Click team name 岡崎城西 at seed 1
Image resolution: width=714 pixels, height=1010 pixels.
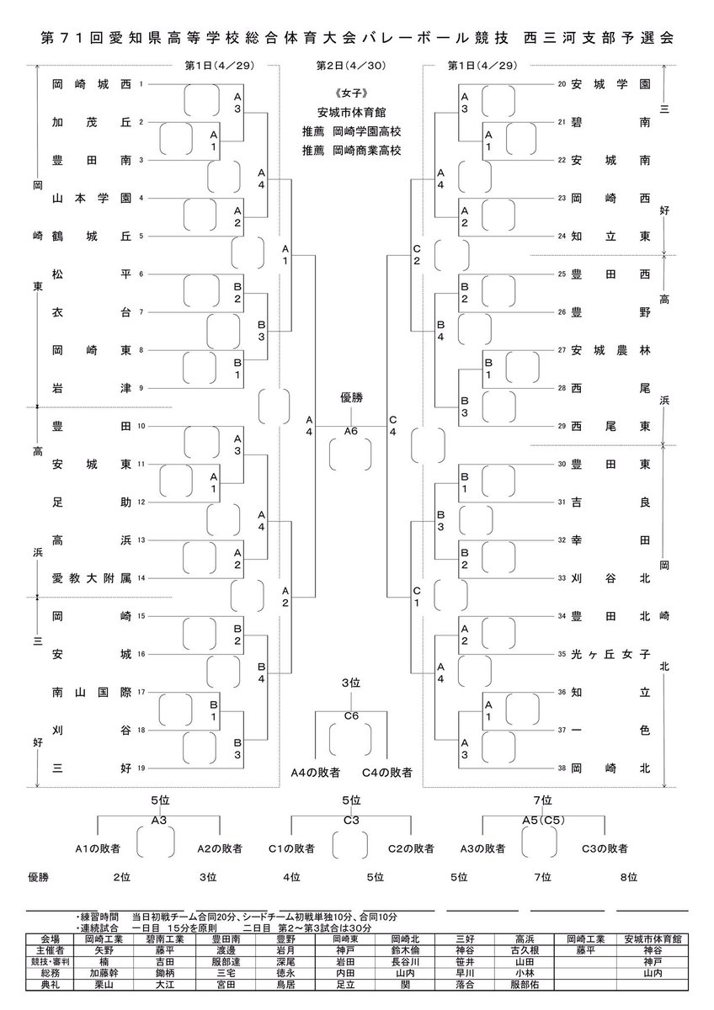(x=92, y=84)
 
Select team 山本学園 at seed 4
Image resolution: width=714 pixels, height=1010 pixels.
(x=92, y=198)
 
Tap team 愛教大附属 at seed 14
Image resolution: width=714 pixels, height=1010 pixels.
(x=92, y=578)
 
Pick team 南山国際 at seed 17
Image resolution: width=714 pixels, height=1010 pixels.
(x=92, y=692)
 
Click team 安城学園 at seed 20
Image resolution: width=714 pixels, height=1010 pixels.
(x=610, y=84)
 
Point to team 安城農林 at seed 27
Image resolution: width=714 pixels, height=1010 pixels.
(x=610, y=350)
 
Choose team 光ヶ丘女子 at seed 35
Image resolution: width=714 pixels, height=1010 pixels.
(x=610, y=654)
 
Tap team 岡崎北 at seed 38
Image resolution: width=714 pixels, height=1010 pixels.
(x=610, y=768)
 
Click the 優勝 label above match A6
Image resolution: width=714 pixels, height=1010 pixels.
(x=351, y=397)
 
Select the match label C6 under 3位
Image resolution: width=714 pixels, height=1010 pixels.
(x=351, y=715)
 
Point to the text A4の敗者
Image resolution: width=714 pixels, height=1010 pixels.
(x=315, y=773)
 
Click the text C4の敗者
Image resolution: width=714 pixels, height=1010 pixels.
(x=387, y=773)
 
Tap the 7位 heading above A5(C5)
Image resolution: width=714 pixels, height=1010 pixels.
(x=542, y=800)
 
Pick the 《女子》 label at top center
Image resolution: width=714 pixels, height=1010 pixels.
(x=351, y=93)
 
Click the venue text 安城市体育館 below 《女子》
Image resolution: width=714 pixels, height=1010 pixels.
(x=351, y=112)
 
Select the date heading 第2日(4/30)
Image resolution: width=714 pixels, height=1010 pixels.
(x=351, y=66)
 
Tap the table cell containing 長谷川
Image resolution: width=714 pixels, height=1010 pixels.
(x=405, y=962)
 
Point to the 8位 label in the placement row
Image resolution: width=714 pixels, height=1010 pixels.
(x=628, y=876)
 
